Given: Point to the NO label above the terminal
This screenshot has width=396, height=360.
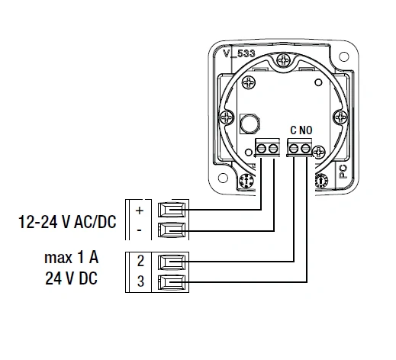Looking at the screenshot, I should point(306,130).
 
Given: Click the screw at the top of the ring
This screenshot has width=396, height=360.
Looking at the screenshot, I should point(283,59).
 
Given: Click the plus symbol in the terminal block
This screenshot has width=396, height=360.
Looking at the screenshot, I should point(140,210).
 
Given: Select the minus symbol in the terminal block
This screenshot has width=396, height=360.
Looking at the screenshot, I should point(140,229).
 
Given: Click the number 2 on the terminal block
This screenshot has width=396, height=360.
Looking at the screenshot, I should point(140,262).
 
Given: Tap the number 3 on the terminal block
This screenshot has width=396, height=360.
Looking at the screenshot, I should point(140,282).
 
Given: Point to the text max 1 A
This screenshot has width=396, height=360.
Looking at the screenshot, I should point(70,258).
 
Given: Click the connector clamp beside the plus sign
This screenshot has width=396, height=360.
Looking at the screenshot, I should point(172,209).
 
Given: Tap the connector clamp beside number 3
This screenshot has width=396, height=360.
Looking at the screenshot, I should point(172,282).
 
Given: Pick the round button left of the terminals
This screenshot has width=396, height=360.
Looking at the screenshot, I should point(249,123).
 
